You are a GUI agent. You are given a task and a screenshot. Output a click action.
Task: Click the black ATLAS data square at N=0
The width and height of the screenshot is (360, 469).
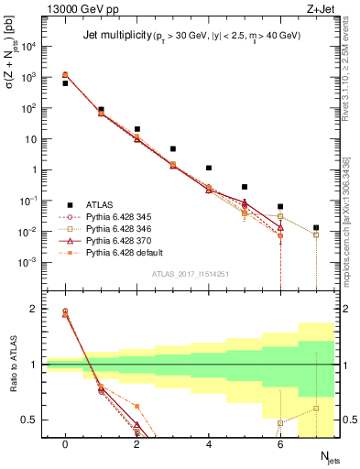65,83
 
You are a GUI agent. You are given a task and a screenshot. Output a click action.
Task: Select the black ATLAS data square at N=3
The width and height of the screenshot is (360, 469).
173,148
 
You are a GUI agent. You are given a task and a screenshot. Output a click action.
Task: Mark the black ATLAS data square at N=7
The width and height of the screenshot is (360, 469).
316,227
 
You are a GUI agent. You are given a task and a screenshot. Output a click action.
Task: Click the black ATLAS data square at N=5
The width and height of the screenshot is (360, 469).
245,187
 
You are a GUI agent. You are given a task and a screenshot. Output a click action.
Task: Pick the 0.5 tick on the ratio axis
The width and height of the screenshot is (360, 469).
36,420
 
